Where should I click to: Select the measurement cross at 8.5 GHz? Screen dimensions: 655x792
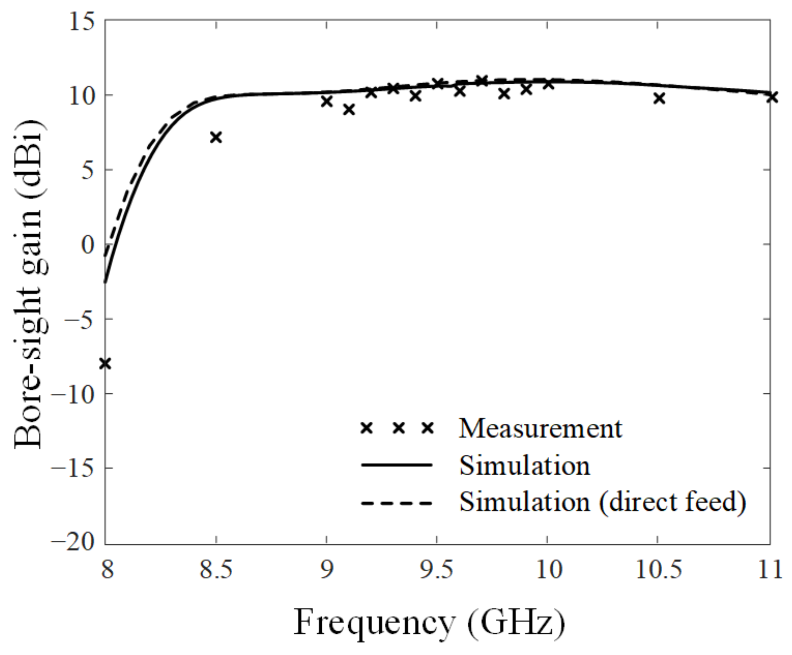pyautogui.click(x=216, y=137)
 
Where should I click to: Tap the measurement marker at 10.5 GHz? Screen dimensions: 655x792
pyautogui.click(x=659, y=99)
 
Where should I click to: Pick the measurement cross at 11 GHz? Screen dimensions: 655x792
pyautogui.click(x=772, y=97)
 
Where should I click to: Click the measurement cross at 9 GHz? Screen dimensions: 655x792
pyautogui.click(x=327, y=101)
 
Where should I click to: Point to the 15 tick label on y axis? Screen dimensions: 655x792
pyautogui.click(x=82, y=22)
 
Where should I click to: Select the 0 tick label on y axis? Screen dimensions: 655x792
pyautogui.click(x=87, y=245)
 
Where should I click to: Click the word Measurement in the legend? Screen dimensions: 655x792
pyautogui.click(x=540, y=429)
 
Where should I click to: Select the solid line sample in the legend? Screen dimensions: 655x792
pyautogui.click(x=396, y=465)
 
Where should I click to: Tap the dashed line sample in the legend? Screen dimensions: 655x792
pyautogui.click(x=396, y=503)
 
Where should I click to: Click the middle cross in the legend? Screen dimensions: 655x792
pyautogui.click(x=399, y=428)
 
